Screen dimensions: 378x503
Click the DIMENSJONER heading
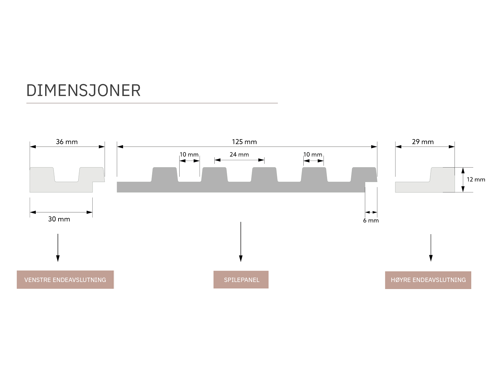84,91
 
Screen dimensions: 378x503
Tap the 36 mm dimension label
67,142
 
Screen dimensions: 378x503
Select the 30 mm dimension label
59,219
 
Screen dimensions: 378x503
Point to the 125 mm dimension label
244,142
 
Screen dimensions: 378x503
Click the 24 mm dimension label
239,155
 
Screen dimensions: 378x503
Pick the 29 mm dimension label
423,142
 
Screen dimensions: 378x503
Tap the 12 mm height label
476,180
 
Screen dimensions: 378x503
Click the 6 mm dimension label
371,220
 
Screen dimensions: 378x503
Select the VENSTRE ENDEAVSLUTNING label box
65,280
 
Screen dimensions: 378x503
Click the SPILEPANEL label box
241,280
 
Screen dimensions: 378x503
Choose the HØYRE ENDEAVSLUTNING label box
428,280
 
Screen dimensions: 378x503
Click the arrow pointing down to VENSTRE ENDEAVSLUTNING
58,248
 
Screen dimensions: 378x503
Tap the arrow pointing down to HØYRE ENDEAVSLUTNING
431,248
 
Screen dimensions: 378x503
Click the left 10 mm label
189,155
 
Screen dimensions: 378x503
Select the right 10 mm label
313,155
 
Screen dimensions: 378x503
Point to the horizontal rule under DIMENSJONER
152,103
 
